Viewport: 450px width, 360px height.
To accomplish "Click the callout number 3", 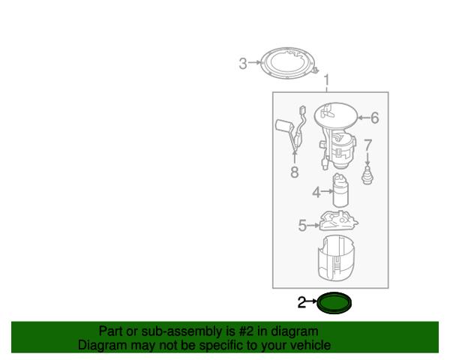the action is tap(243, 64).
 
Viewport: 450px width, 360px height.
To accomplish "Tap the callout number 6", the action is tap(374, 118).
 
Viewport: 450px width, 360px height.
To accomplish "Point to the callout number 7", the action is tap(367, 145).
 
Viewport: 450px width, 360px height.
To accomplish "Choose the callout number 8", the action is tap(295, 172).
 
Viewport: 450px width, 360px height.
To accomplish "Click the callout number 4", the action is tap(316, 192).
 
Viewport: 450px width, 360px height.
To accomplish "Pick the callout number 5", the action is tap(302, 225).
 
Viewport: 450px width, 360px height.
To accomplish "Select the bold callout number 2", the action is tap(301, 302).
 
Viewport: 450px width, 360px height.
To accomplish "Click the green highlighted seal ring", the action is tap(334, 311).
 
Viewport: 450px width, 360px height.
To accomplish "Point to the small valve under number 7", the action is tap(367, 175).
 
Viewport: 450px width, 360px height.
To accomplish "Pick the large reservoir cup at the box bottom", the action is tap(337, 257).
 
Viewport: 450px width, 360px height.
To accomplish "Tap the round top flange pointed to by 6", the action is tap(336, 115).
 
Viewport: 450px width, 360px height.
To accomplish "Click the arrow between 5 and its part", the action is tap(313, 226).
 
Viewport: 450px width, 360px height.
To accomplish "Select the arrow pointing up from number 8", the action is tap(295, 157).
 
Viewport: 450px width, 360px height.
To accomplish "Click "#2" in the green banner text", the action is tap(246, 331).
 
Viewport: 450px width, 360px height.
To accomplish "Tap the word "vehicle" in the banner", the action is tap(313, 345).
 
